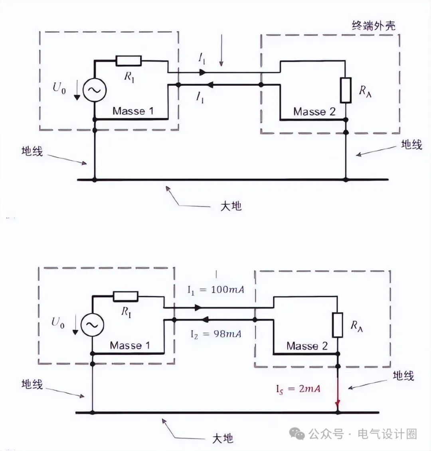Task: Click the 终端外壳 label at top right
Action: click(x=374, y=26)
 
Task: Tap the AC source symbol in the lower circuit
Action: click(x=92, y=325)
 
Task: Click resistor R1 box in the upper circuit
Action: click(x=129, y=61)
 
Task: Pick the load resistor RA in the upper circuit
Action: click(x=346, y=90)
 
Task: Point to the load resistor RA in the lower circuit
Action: click(x=338, y=325)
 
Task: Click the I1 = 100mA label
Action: click(x=215, y=290)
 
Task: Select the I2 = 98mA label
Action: click(x=215, y=334)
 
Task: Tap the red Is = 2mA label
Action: click(x=298, y=388)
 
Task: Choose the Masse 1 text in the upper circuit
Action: click(x=133, y=111)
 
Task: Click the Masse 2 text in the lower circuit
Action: click(x=306, y=346)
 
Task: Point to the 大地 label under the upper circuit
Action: click(x=231, y=206)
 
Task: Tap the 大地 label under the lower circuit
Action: click(x=223, y=438)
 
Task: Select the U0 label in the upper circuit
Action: click(x=59, y=88)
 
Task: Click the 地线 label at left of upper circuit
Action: click(x=32, y=151)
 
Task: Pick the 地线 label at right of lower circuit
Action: click(x=403, y=376)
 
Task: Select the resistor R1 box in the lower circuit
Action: click(x=126, y=296)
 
